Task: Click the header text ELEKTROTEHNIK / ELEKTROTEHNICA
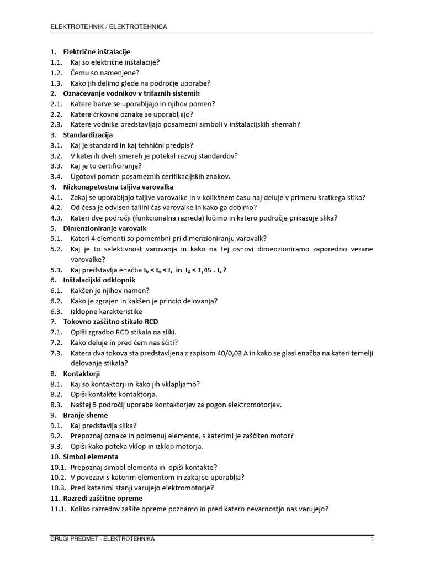[109, 26]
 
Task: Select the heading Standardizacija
[88, 135]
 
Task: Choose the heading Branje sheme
[86, 415]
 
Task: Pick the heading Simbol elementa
[91, 457]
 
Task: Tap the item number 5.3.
[56, 270]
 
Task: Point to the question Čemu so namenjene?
[105, 72]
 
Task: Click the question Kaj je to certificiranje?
[106, 166]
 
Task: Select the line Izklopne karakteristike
[107, 311]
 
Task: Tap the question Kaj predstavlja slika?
[104, 426]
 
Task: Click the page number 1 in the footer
[372, 539]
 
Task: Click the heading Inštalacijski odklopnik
[96, 280]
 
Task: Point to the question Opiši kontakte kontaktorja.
[114, 394]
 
